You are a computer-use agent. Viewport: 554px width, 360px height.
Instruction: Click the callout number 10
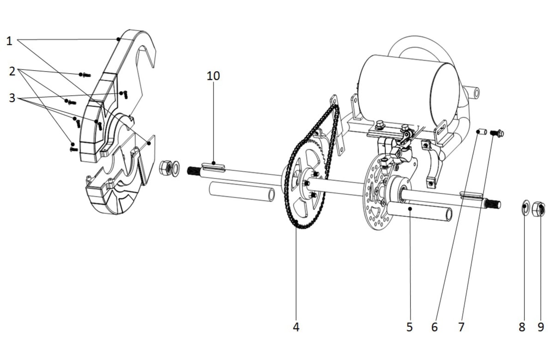click(x=213, y=76)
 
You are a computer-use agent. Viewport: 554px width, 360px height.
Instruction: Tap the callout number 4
click(x=296, y=327)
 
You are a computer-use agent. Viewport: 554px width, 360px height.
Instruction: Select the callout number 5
click(x=409, y=327)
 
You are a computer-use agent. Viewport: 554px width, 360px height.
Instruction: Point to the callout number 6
click(x=434, y=327)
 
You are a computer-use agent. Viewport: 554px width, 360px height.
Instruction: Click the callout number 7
click(x=461, y=327)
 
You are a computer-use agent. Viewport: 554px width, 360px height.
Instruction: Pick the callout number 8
click(x=522, y=327)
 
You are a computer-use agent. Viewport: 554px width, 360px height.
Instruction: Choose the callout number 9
click(x=541, y=327)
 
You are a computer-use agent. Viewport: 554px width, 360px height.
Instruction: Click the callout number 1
click(x=9, y=41)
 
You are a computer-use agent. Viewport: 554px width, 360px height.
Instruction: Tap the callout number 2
click(x=12, y=71)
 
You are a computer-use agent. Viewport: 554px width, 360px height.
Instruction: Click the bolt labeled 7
click(x=498, y=133)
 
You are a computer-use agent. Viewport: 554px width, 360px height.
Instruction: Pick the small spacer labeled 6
click(x=482, y=132)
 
